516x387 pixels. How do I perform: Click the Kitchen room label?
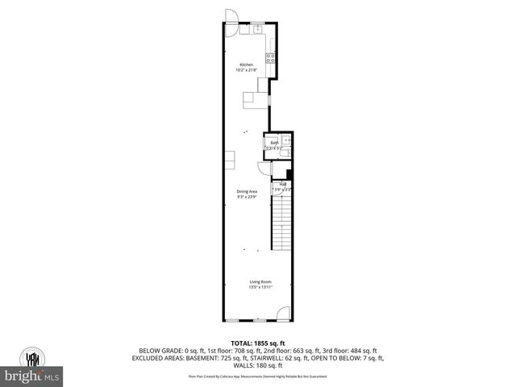246,64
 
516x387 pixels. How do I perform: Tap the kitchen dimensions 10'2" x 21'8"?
246,70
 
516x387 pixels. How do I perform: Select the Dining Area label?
247,191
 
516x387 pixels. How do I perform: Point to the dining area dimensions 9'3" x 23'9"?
247,197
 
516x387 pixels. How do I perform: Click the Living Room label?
260,281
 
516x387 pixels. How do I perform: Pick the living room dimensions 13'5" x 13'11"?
260,287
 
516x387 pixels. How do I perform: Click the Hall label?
283,184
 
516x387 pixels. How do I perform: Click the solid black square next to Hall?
289,174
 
